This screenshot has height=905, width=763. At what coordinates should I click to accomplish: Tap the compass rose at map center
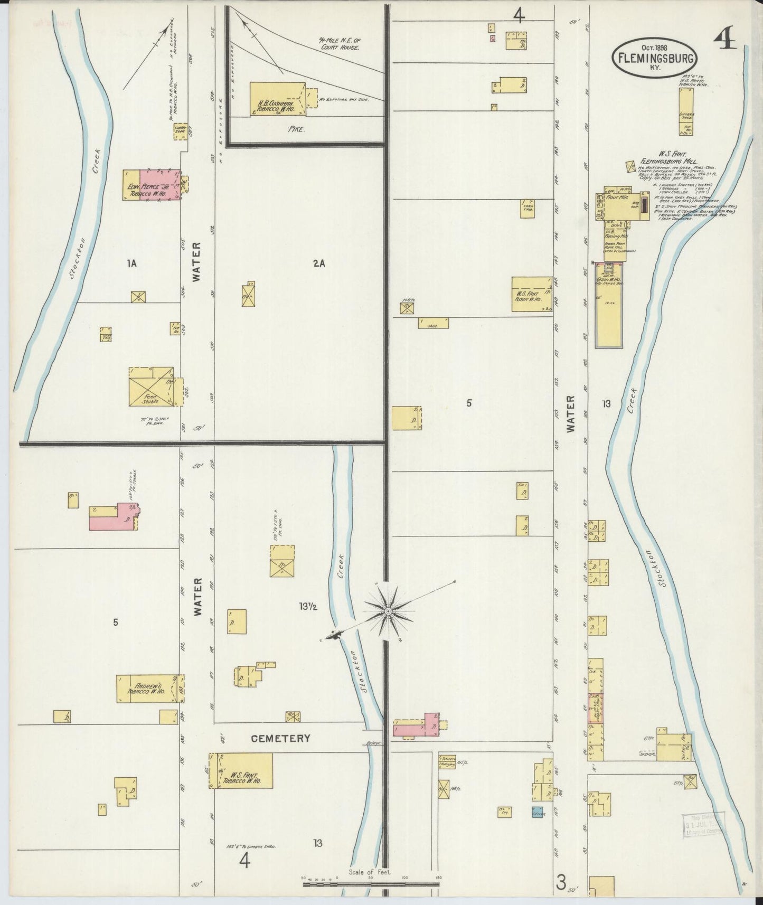pos(388,611)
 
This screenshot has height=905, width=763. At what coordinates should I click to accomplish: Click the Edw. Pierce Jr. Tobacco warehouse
pos(151,185)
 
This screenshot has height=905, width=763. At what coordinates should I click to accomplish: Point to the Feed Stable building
pos(150,387)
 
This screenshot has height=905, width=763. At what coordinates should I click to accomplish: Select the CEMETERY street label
pos(280,739)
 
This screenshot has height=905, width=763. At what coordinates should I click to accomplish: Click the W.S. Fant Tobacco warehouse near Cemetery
pos(242,770)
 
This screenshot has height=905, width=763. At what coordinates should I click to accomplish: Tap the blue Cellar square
pos(538,813)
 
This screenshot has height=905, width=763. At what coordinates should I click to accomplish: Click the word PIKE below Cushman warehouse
pos(297,129)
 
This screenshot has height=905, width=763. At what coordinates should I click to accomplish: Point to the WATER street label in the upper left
pos(196,262)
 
